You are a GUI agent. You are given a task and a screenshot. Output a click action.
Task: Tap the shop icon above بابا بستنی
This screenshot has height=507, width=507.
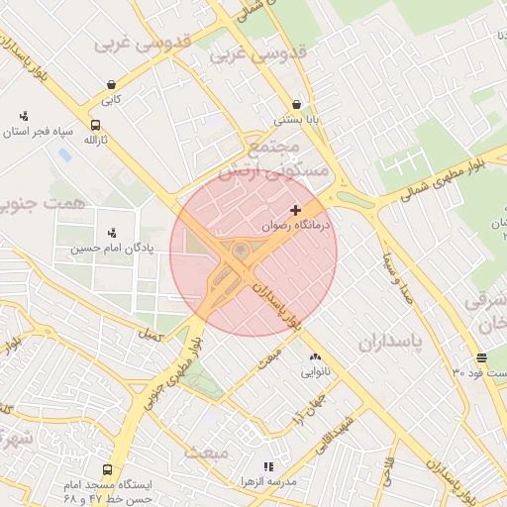296,104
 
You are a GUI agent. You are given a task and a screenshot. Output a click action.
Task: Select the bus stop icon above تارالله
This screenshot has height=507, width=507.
95,125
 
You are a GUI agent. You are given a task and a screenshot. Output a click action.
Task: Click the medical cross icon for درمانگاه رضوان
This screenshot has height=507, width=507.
295,210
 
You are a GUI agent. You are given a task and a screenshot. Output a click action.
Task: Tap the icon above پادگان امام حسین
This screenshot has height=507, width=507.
111,232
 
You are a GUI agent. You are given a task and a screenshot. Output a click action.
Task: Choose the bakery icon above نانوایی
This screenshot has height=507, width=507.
315,356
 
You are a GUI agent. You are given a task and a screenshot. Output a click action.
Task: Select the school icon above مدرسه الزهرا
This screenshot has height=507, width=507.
266,465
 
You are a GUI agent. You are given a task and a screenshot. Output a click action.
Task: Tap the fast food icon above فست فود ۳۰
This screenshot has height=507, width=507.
481,357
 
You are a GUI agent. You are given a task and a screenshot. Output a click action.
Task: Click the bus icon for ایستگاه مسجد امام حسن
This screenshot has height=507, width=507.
107,469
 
